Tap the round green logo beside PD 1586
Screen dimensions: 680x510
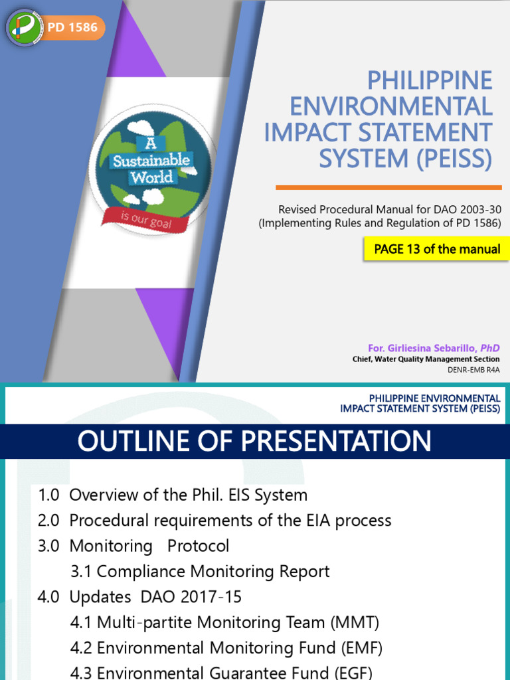pos(25,28)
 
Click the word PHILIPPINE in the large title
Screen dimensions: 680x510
pos(430,81)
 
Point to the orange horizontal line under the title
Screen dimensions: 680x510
pos(388,187)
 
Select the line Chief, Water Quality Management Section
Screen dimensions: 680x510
pos(426,359)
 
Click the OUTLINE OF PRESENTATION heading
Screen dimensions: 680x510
pos(254,441)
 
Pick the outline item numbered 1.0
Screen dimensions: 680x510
pos(173,495)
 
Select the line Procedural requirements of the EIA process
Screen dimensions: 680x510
pos(230,520)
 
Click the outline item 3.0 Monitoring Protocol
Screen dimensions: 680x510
pos(133,546)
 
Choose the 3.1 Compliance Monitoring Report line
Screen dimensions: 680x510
pos(200,571)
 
